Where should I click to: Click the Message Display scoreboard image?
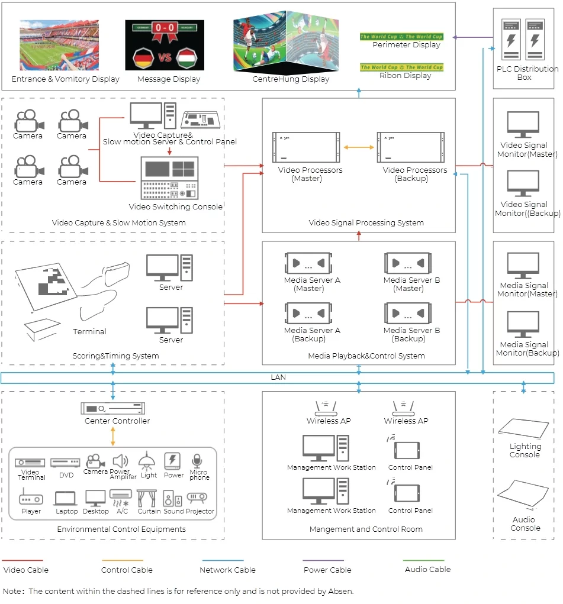pyautogui.click(x=165, y=45)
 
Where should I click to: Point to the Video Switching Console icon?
pyautogui.click(x=169, y=178)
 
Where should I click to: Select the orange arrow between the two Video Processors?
pyautogui.click(x=359, y=147)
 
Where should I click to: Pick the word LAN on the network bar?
pyautogui.click(x=278, y=377)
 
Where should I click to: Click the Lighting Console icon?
pyautogui.click(x=525, y=429)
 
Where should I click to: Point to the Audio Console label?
pyautogui.click(x=525, y=524)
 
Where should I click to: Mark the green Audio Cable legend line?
pyautogui.click(x=423, y=560)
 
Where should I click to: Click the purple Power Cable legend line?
pyautogui.click(x=323, y=560)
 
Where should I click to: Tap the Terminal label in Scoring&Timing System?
pyautogui.click(x=89, y=332)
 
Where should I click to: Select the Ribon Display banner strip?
pyautogui.click(x=401, y=67)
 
